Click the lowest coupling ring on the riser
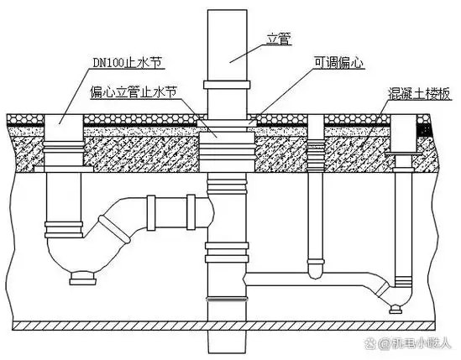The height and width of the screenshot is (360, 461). [x=224, y=300]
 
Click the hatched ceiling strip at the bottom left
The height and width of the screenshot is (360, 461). [x=101, y=325]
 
